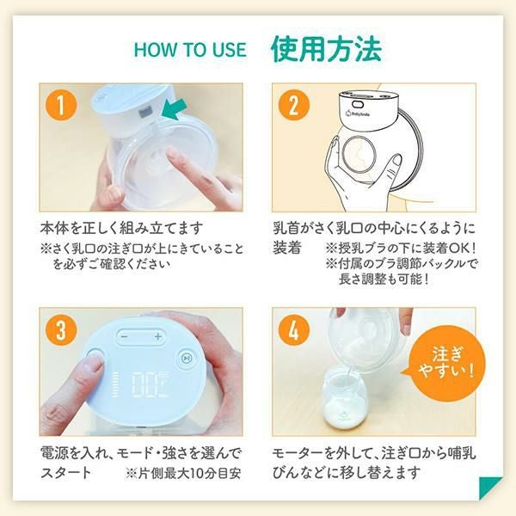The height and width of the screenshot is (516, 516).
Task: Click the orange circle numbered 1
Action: pos(62,105)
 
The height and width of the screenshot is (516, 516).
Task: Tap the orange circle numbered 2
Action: pos(294,105)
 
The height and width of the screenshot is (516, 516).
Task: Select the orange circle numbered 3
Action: pos(62,329)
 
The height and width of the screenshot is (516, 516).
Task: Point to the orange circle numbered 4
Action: pos(294,329)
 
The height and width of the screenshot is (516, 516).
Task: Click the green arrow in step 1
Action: pos(175,111)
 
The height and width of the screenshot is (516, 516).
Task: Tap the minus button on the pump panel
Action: pos(124,336)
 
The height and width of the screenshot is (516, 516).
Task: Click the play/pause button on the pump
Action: pos(187,358)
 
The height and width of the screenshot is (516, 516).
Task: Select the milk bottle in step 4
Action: pos(346,397)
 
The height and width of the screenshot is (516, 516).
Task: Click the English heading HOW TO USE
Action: pos(190,50)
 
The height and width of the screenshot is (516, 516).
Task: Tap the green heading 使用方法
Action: pos(326,49)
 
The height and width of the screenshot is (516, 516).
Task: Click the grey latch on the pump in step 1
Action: pos(144,113)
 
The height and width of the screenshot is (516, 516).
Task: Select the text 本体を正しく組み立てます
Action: pos(121,228)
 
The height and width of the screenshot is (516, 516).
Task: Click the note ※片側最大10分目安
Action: pos(183,474)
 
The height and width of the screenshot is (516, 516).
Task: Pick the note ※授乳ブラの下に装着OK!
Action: pos(401,249)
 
